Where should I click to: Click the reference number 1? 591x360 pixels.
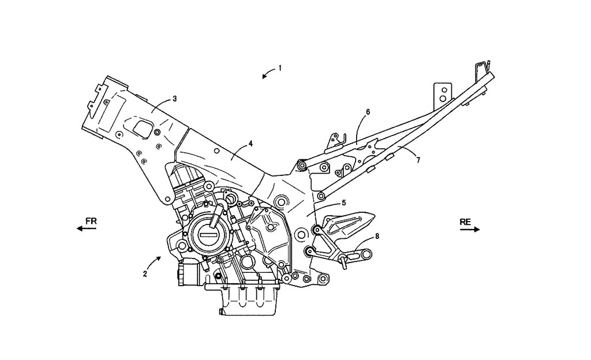[280, 67]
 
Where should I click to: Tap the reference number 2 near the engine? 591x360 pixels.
[145, 274]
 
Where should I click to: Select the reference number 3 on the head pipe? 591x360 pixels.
[175, 99]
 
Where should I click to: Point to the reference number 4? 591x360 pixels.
[250, 142]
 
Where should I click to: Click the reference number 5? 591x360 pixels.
[343, 202]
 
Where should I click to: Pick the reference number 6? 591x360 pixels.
[368, 111]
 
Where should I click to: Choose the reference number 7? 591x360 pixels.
[418, 160]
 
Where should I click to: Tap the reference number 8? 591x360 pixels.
[377, 235]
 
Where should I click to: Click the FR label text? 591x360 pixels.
[91, 221]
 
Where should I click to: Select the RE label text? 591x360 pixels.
[466, 222]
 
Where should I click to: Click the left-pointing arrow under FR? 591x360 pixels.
[87, 229]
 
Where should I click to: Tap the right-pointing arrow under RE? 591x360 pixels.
[470, 229]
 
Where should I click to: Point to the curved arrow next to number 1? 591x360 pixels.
[267, 73]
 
